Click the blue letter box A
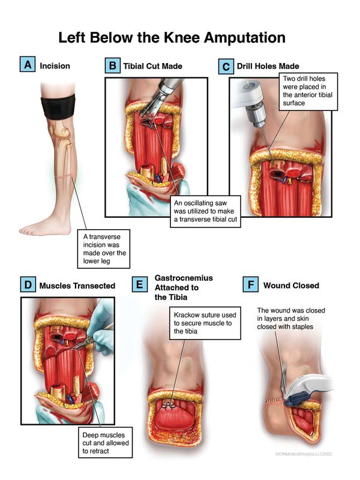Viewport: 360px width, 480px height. click(x=28, y=64)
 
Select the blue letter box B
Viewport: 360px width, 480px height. click(x=112, y=65)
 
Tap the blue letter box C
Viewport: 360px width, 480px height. click(x=226, y=67)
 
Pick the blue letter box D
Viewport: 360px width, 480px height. click(x=28, y=284)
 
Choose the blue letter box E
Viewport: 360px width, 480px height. click(x=140, y=284)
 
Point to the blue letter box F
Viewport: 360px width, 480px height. click(x=250, y=284)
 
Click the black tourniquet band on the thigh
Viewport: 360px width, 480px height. click(x=58, y=107)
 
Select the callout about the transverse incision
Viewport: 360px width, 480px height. click(x=103, y=249)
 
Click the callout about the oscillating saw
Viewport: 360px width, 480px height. click(x=205, y=211)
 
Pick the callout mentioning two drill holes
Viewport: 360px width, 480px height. click(x=308, y=91)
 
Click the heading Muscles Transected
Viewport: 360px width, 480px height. click(x=77, y=286)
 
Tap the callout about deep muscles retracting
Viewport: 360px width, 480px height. click(x=106, y=443)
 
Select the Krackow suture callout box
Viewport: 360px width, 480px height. click(x=205, y=323)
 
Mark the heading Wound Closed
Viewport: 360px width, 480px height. click(x=291, y=286)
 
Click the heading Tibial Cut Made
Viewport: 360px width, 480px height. click(x=153, y=66)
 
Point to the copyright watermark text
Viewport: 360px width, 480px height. click(x=304, y=454)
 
